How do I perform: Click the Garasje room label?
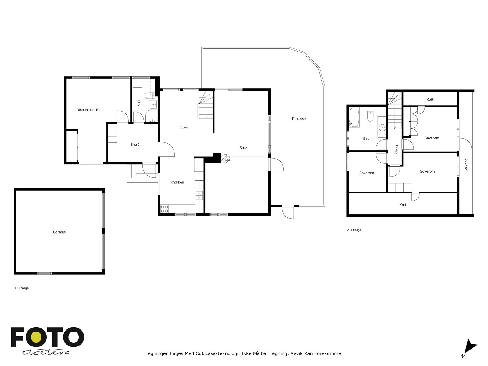59,232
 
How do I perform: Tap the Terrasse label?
298,119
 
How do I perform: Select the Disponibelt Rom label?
90,110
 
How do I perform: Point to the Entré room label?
135,145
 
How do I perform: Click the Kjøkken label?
177,182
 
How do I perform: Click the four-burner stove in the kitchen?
164,209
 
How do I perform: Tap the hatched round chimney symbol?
225,158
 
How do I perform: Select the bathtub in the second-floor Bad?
354,117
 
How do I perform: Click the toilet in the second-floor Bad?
371,116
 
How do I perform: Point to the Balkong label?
466,165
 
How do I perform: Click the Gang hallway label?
396,149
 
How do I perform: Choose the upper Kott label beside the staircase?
430,99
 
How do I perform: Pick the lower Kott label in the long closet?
403,205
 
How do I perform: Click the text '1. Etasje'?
21,288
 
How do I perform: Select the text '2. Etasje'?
354,230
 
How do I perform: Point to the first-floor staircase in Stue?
206,105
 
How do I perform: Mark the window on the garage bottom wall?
45,273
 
